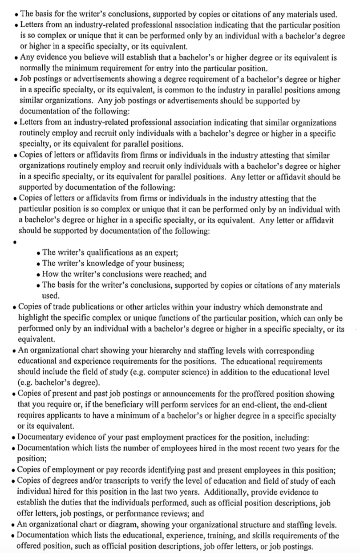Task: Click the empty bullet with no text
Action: pyautogui.click(x=15, y=243)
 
